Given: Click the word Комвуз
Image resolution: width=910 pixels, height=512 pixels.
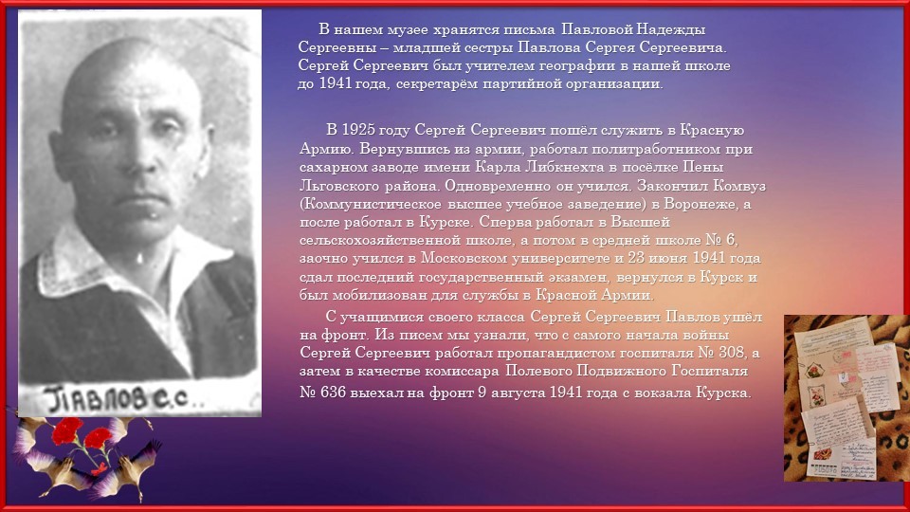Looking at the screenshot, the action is click(739, 186).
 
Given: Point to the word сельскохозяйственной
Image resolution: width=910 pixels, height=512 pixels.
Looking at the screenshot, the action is click(380, 240).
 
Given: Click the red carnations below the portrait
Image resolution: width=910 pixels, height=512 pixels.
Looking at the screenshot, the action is click(82, 438).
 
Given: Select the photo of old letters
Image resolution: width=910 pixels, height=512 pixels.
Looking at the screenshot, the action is click(846, 398).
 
